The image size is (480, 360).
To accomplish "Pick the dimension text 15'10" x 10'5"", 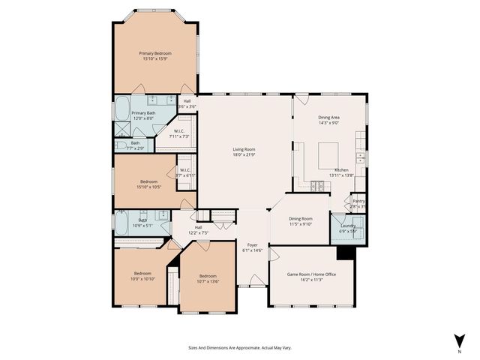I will (148, 187).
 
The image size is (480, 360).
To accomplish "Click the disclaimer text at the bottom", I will (240, 347).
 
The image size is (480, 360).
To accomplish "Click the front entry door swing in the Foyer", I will (256, 280).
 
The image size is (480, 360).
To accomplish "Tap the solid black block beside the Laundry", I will (345, 253).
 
